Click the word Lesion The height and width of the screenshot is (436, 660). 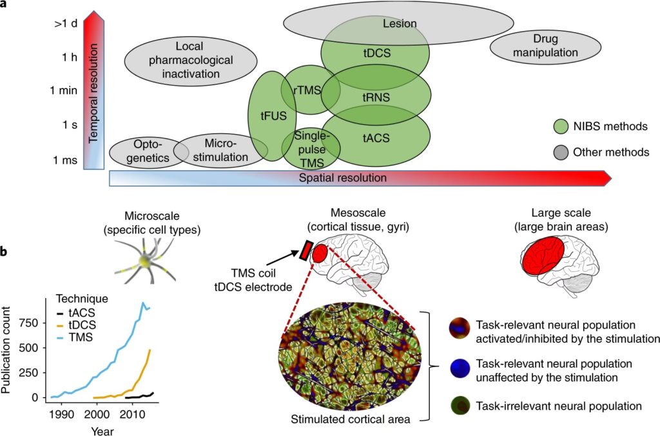[x=400, y=24]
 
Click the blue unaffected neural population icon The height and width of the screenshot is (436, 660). [x=458, y=369]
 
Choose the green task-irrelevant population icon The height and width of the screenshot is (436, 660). [x=458, y=406]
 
